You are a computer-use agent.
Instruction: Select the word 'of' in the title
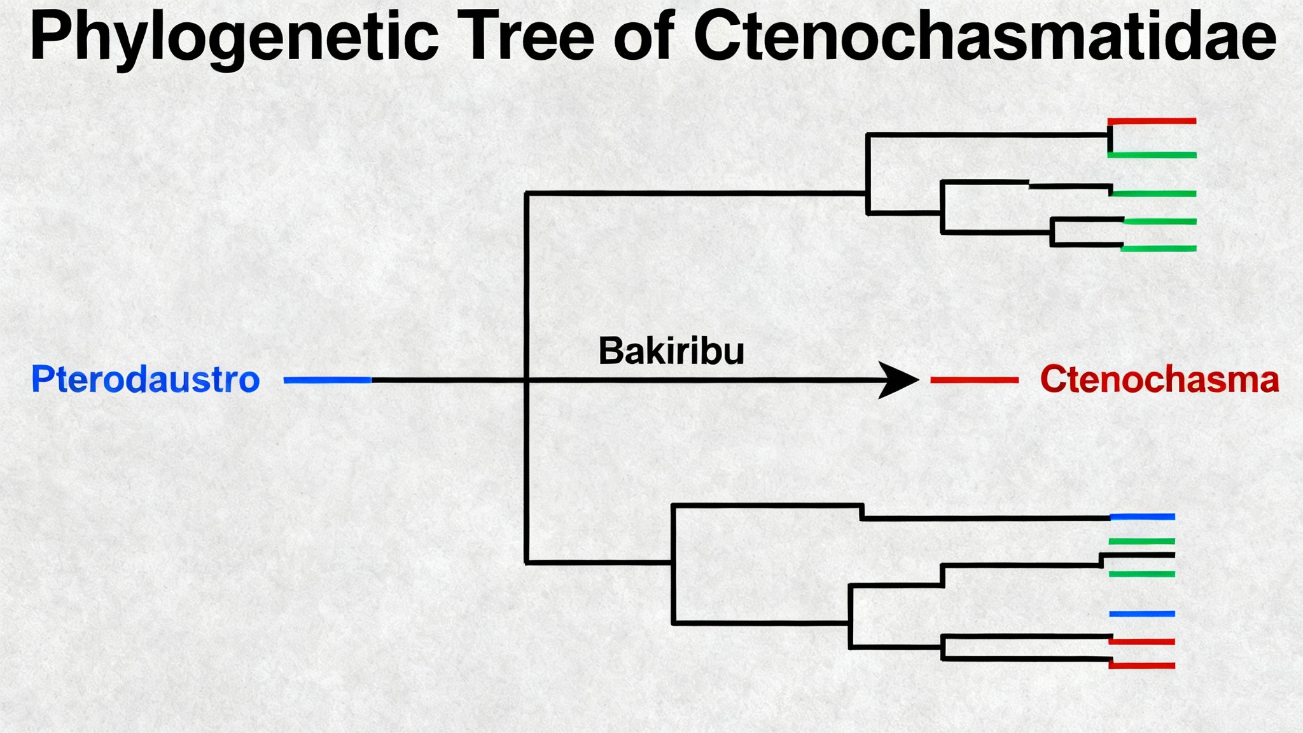point(644,37)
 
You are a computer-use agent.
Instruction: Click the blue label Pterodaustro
point(146,380)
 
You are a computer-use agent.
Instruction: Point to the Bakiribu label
point(671,351)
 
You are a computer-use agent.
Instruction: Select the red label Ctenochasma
point(1159,380)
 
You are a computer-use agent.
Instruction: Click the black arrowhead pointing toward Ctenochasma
point(898,380)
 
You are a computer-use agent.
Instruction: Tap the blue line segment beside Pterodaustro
point(328,380)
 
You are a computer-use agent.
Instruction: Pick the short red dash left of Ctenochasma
point(974,380)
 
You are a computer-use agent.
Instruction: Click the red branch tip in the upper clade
point(1152,121)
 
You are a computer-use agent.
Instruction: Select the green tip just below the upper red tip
point(1152,155)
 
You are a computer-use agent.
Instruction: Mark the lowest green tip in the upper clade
point(1159,249)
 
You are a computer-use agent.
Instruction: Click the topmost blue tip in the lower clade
point(1143,517)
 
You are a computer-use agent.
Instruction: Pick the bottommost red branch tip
point(1143,666)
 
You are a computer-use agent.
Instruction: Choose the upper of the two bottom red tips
point(1143,641)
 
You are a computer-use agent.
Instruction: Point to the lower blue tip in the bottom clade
point(1143,614)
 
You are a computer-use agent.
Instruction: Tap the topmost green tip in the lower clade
point(1143,541)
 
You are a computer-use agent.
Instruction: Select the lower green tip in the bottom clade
point(1143,574)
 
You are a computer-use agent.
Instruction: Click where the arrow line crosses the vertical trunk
point(527,380)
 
